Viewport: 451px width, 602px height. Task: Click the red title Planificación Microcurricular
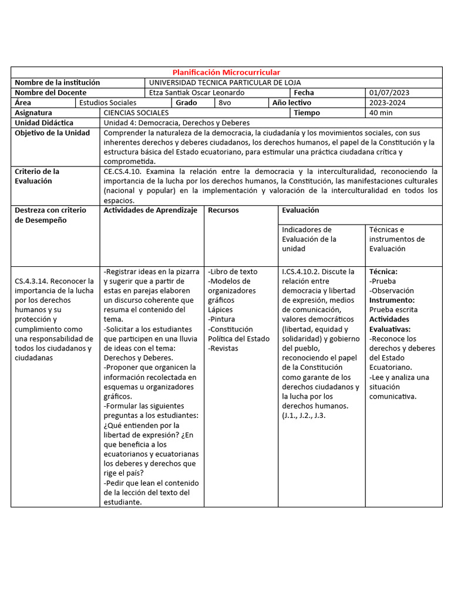click(226, 72)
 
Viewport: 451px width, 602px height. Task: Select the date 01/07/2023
click(389, 92)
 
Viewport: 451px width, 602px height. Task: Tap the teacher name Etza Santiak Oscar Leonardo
click(197, 92)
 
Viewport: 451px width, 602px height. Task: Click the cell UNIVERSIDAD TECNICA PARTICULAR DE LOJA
click(225, 82)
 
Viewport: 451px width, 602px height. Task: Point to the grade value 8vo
click(224, 102)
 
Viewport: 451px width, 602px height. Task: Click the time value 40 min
click(381, 112)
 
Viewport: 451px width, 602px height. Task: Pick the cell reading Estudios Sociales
click(107, 102)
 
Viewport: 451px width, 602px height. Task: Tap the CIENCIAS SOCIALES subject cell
click(136, 112)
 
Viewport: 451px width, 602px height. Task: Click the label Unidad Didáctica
click(44, 122)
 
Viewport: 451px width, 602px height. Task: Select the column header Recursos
click(223, 210)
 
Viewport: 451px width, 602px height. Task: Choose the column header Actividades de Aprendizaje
click(150, 210)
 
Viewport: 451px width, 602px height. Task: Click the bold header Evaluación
click(300, 210)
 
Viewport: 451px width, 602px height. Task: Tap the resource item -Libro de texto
click(233, 272)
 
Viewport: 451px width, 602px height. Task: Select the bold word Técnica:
click(383, 272)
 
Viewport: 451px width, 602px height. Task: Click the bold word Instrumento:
click(392, 300)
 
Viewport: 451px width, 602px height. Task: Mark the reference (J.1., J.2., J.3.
click(304, 415)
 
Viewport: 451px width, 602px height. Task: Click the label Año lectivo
click(292, 102)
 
